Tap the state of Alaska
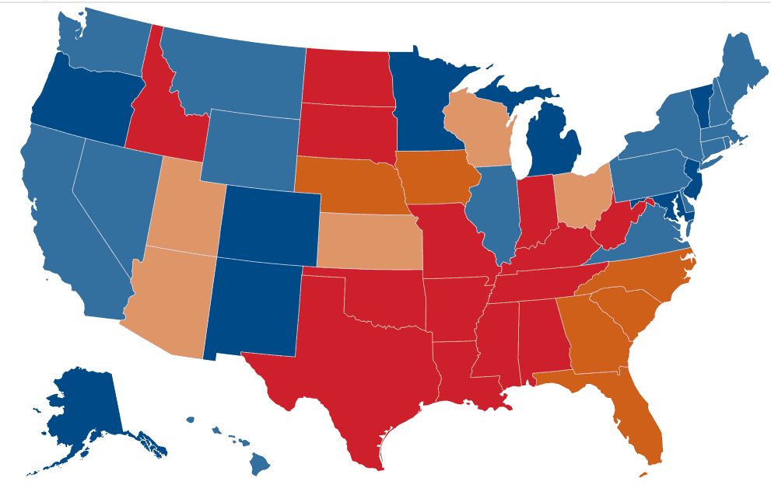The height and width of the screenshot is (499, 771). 82,404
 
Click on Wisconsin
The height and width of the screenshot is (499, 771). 475,128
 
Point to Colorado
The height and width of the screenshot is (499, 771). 268,222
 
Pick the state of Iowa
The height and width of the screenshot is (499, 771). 436,179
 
